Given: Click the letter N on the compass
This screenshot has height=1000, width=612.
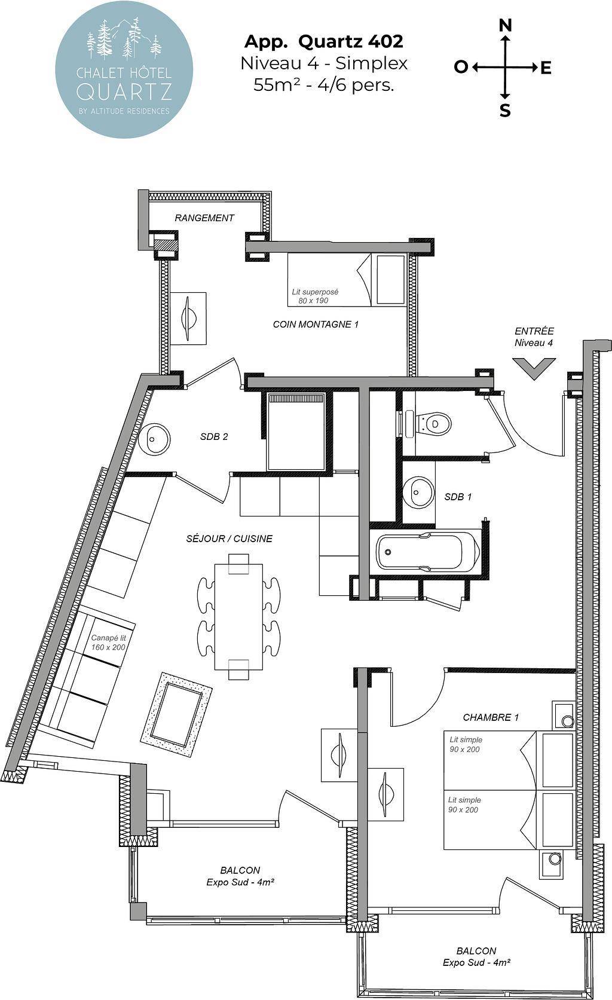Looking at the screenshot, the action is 505,26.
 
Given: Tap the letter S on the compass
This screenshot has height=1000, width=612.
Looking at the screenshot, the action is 505,110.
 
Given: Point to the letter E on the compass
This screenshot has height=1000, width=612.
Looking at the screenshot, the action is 546,68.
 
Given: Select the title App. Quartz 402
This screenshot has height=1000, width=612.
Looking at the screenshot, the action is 324,42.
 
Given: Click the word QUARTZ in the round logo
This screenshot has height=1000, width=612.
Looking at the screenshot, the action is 124,91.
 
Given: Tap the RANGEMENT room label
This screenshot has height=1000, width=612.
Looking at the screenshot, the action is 204,218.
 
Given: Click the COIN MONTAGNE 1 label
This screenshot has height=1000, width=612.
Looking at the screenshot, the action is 316,325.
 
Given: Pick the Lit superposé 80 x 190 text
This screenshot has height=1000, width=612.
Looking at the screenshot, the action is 315,296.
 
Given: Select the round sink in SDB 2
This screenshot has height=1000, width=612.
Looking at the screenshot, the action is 153,439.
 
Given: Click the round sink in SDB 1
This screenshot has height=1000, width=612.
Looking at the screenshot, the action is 418,492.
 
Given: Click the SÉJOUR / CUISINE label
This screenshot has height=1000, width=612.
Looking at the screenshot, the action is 229,539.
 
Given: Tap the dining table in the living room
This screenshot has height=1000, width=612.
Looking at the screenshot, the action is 238,616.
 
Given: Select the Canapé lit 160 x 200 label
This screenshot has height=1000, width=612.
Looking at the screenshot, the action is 108,643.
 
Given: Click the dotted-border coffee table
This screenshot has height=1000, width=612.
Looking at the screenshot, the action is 176,714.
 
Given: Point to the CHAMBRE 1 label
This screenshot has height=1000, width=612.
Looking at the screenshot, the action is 491,717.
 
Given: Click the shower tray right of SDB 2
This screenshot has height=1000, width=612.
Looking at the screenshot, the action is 295,432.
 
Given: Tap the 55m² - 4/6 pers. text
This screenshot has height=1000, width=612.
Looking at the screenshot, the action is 324,84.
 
